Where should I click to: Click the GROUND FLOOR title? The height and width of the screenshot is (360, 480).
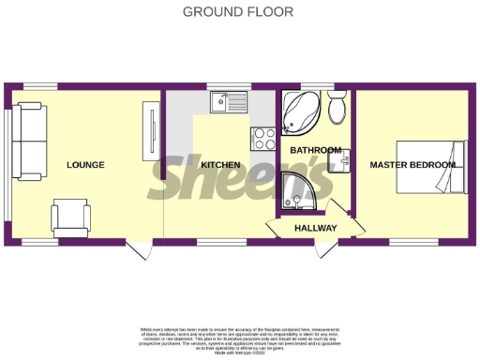(238, 12)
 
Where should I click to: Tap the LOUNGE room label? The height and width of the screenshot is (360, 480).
(85, 165)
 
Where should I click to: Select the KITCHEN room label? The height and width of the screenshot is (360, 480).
(220, 165)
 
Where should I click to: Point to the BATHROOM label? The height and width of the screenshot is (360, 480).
(314, 150)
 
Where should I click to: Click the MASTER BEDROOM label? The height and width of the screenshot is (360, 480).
(412, 165)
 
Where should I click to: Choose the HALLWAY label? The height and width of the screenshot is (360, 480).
(315, 228)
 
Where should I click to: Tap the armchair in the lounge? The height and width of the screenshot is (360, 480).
(71, 217)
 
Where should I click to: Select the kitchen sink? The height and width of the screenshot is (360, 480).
(229, 101)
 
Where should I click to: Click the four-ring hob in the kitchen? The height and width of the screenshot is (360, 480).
(262, 138)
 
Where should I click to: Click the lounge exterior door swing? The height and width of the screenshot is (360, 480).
(139, 248)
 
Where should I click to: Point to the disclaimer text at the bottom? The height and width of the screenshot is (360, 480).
(239, 339)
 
